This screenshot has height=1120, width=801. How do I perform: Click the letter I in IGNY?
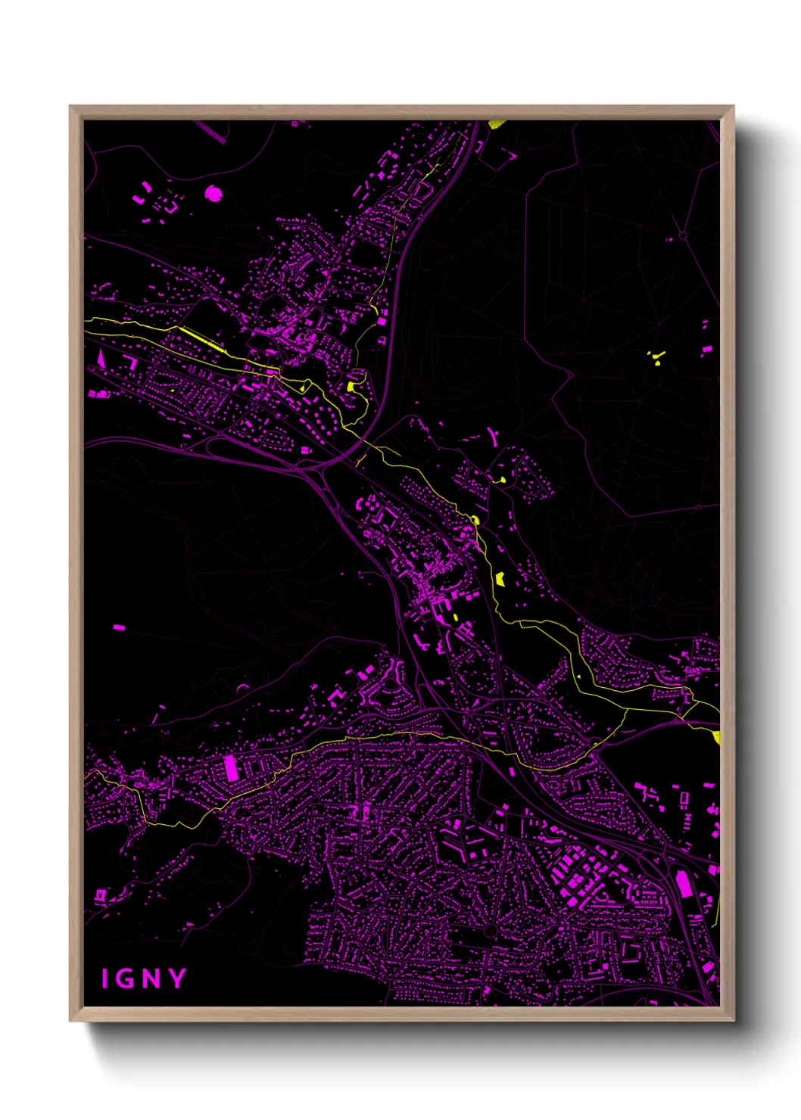(106, 979)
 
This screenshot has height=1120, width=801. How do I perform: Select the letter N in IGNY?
(151, 979)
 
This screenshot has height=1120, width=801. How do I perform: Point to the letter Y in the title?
(177, 978)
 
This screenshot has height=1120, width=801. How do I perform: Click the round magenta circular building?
(214, 194)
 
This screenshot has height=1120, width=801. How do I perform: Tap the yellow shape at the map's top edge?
(496, 124)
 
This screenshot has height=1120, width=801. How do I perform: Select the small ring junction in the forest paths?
(683, 236)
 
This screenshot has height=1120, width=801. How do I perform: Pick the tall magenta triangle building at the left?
(99, 357)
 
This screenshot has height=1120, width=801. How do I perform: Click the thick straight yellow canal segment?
(201, 340)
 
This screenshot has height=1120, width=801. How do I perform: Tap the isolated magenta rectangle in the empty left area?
(118, 627)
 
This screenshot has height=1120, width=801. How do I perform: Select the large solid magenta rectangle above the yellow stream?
(232, 768)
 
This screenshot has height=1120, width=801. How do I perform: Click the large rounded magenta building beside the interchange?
(683, 884)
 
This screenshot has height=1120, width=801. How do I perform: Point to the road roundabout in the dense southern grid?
(490, 930)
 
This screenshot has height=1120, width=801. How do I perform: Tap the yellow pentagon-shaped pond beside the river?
(500, 579)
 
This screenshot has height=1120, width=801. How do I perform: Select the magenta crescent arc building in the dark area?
(242, 687)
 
